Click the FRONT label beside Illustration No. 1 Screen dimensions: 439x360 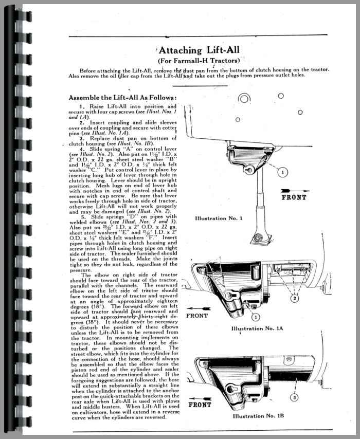294,197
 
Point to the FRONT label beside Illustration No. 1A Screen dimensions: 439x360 197,315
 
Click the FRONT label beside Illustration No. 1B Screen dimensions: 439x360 200,405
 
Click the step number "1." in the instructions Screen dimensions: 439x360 81,106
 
